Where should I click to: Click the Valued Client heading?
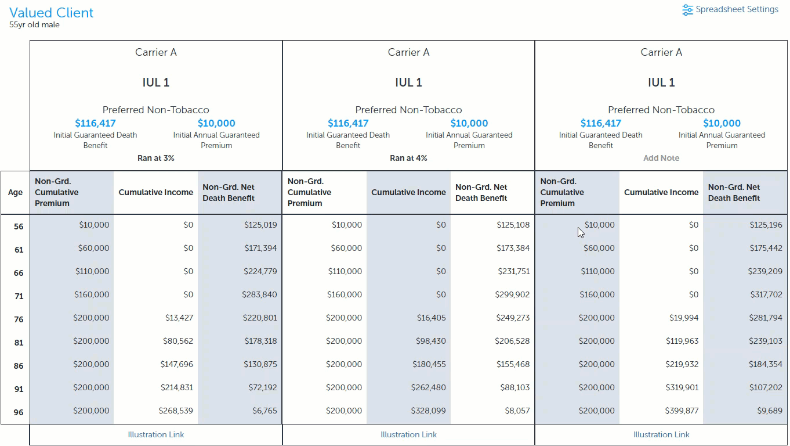[x=51, y=13]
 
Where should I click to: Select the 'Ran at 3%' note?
[x=156, y=158]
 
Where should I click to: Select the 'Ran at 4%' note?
[x=408, y=158]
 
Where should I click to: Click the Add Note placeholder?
[x=661, y=158]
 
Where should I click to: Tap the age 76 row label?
[x=19, y=319]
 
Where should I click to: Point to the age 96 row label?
[x=19, y=412]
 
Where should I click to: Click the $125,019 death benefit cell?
[x=260, y=225]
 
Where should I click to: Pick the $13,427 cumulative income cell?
[x=179, y=318]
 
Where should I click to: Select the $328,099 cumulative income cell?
[x=428, y=411]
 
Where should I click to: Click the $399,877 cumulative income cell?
[x=682, y=411]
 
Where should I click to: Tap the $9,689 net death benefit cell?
[x=770, y=411]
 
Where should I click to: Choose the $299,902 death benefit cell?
[x=512, y=294]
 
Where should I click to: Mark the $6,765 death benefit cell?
[x=264, y=411]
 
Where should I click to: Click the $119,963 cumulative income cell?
[x=682, y=341]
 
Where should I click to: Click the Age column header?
[x=15, y=192]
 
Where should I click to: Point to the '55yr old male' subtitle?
[x=34, y=25]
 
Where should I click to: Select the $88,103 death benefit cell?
[x=515, y=387]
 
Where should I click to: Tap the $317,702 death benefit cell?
[x=766, y=294]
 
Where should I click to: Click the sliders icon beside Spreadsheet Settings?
[x=687, y=10]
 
